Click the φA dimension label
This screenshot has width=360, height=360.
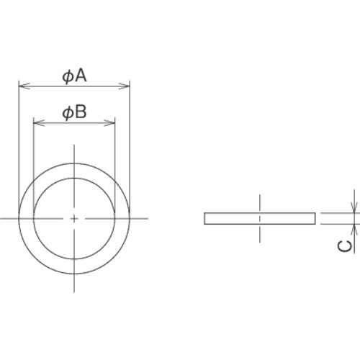74,76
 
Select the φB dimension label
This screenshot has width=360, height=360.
74,112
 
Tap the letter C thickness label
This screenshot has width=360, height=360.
345,246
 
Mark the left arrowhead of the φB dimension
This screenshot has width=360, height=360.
38,123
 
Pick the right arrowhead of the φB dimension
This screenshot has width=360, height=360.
111,123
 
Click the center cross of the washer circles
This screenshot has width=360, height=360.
74,217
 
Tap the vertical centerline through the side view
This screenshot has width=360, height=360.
260,230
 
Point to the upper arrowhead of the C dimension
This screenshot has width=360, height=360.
354,208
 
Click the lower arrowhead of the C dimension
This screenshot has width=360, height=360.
354,228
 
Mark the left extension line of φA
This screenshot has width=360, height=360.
18,144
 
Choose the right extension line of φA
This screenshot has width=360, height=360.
131,144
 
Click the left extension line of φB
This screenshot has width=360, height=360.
34,158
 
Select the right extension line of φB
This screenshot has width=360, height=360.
115,158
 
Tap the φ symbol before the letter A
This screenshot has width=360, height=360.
67,76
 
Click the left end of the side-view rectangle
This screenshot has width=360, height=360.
205,218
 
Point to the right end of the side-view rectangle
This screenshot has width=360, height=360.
315,218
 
